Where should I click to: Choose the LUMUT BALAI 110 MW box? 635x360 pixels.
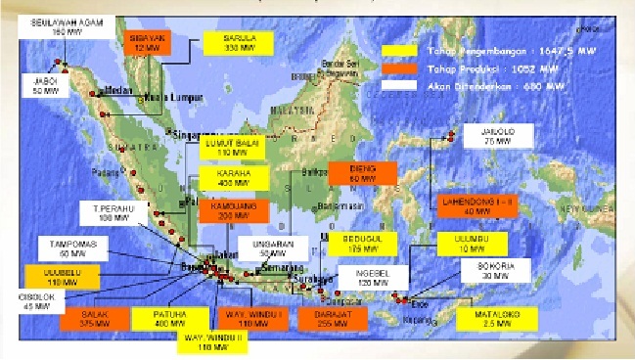coord(230,148)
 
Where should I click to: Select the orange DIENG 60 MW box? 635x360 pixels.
coord(362,173)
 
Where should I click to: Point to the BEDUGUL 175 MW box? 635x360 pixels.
coord(361,244)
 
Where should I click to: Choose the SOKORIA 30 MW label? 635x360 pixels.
coord(503,270)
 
